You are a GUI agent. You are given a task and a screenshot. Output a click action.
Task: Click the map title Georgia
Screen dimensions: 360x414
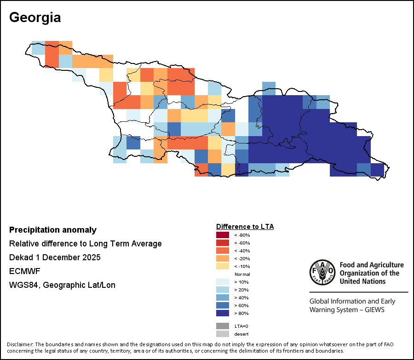(35, 17)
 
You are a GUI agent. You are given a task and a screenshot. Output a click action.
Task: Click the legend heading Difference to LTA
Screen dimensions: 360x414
(245, 227)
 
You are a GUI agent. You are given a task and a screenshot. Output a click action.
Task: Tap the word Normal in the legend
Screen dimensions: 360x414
(242, 274)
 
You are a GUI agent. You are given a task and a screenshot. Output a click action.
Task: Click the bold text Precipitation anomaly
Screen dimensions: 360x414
(53, 230)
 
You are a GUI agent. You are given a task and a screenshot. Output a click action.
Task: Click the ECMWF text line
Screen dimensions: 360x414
(25, 271)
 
